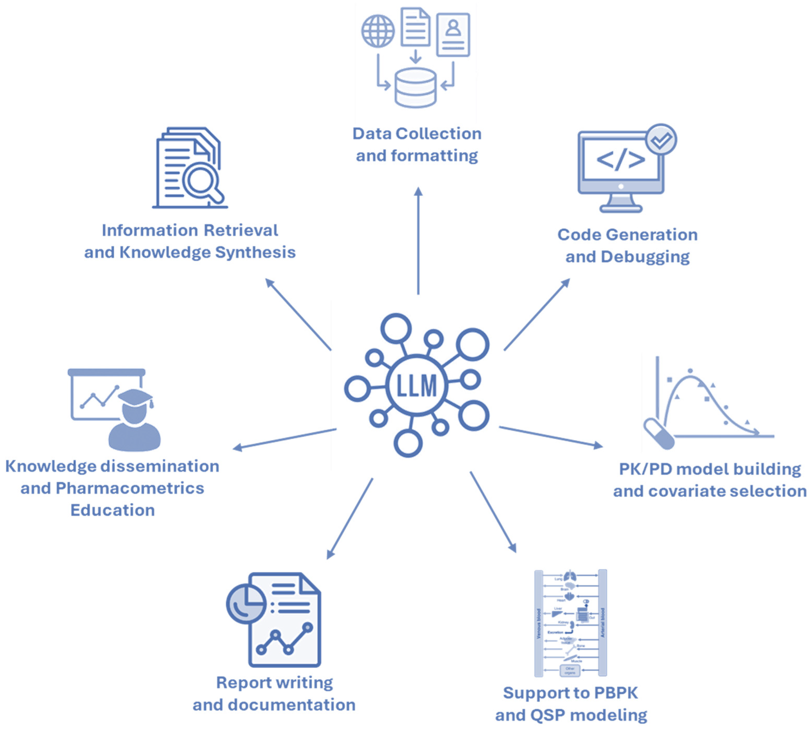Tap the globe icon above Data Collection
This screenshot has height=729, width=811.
click(x=378, y=31)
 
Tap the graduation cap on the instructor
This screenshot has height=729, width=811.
click(x=135, y=398)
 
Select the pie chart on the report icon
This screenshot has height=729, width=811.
click(x=245, y=604)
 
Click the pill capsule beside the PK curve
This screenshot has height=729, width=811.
click(x=659, y=434)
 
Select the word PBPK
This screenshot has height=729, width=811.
click(x=616, y=693)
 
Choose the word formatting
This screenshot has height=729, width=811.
click(x=434, y=156)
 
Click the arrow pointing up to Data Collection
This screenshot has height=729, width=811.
click(x=418, y=240)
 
